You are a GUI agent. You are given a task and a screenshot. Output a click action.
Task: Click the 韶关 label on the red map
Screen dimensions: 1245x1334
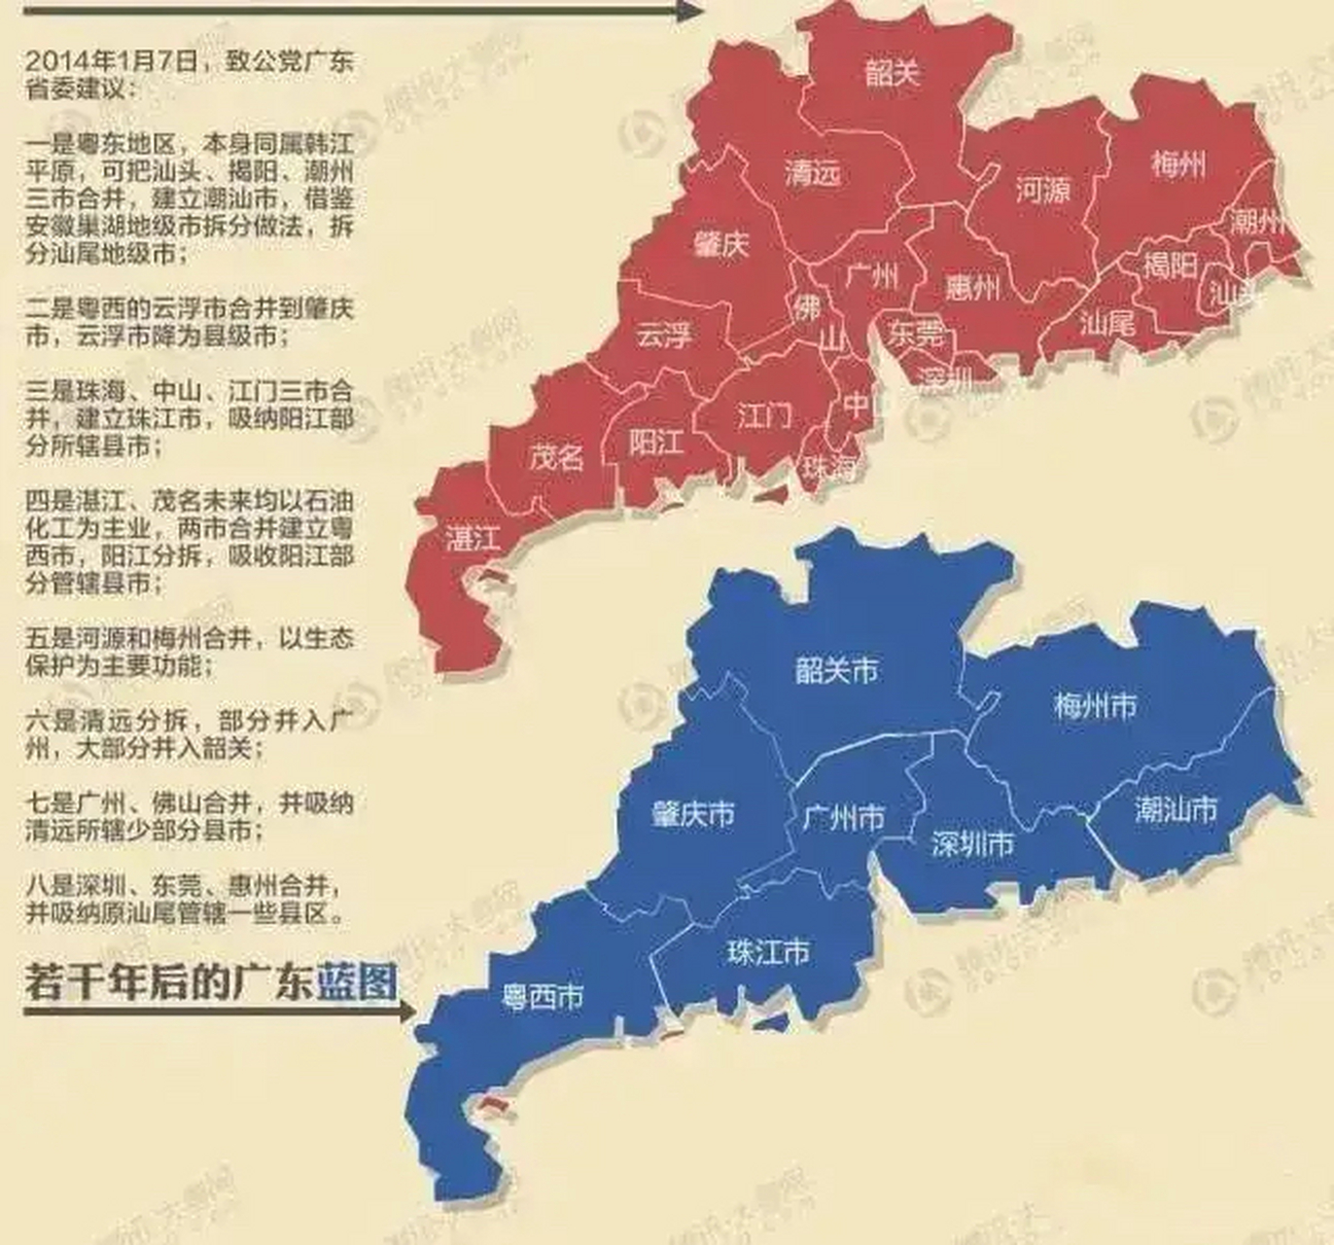tap(892, 71)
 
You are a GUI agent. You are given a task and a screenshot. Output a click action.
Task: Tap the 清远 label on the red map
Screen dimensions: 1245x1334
tap(812, 173)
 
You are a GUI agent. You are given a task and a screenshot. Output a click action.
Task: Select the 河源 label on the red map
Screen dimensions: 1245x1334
tap(1043, 189)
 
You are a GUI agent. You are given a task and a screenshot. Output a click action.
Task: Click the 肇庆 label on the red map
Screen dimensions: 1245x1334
tap(721, 243)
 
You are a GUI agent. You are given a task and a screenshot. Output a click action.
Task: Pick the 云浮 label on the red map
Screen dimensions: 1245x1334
tap(664, 336)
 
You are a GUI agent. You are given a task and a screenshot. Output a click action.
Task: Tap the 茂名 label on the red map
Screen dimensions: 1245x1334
tap(556, 455)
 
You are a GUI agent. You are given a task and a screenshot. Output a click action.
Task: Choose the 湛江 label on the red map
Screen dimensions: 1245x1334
tap(473, 538)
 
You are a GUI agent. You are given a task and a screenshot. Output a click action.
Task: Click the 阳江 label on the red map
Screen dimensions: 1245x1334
tap(655, 443)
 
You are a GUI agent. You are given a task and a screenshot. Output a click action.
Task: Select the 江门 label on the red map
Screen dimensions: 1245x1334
tap(765, 416)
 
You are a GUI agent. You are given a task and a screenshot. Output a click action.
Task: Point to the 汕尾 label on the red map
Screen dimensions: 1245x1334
tap(1107, 322)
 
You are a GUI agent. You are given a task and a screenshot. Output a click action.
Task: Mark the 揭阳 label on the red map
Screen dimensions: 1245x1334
tap(1170, 264)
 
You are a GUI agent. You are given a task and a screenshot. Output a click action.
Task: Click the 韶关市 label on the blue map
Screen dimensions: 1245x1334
tap(836, 669)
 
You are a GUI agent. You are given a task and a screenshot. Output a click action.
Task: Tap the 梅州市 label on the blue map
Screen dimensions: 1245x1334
tap(1095, 704)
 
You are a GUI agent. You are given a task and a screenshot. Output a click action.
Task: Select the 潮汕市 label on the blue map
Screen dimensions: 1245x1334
tap(1176, 809)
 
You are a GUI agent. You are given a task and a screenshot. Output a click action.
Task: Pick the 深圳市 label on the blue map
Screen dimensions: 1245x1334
tap(972, 843)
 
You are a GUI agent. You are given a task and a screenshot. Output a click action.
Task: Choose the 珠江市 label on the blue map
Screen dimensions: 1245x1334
tap(768, 951)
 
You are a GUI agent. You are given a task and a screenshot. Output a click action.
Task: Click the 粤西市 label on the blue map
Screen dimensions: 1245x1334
tap(543, 996)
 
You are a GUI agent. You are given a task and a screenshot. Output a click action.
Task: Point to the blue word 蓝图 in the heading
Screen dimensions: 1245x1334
tap(357, 981)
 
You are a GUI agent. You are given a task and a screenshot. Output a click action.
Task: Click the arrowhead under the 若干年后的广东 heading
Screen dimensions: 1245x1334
tap(405, 1011)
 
